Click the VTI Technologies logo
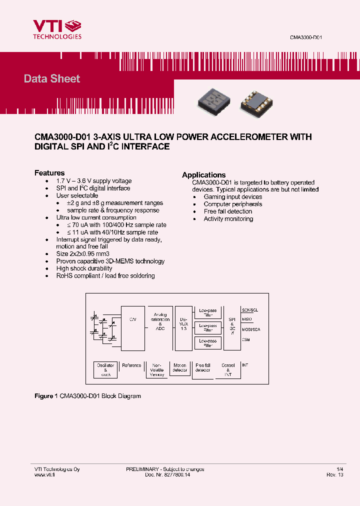[57, 29]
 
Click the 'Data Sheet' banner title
[52, 78]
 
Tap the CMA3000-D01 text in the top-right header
[309, 38]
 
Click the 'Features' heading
[49, 173]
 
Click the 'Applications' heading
[203, 175]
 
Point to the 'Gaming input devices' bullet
[232, 197]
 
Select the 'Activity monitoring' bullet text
[228, 219]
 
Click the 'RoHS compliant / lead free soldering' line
[105, 276]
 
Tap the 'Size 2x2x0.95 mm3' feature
[82, 254]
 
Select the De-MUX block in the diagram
[183, 327]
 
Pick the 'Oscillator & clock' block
[105, 370]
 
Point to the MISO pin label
[247, 319]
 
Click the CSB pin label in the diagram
[246, 339]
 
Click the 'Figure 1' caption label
[43, 396]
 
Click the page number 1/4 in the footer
[340, 469]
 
